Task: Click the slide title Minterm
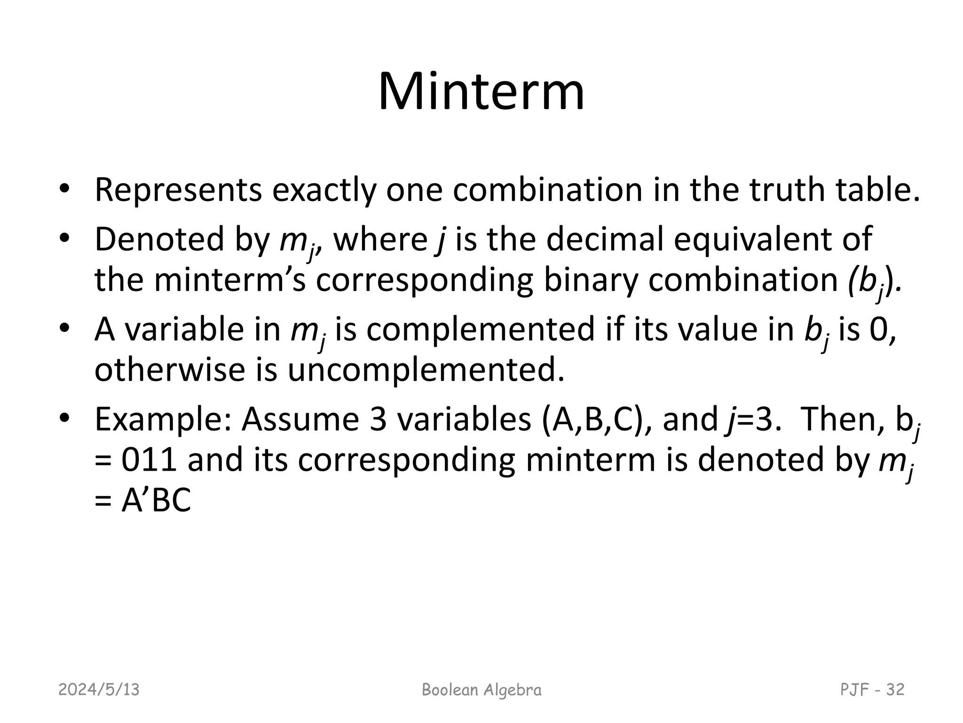[481, 91]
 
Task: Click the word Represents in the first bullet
[178, 190]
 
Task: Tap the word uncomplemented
[426, 370]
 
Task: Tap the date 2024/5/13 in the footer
[99, 690]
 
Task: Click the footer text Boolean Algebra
[481, 690]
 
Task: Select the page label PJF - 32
[872, 690]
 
